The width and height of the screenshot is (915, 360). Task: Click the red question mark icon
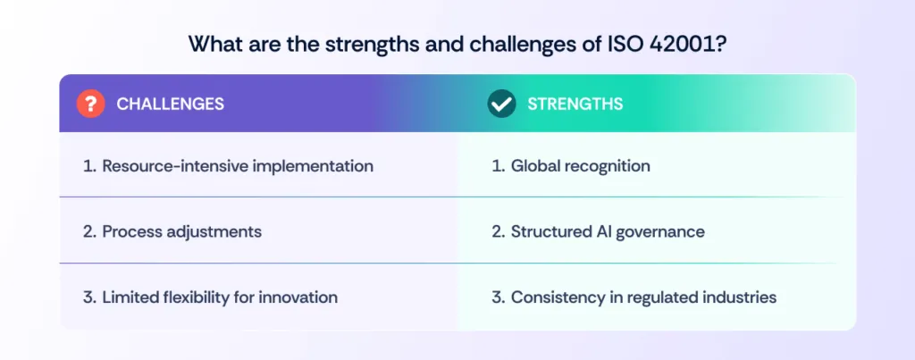91,104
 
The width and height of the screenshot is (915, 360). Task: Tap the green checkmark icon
501,104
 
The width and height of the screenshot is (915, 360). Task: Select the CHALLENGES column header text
170,105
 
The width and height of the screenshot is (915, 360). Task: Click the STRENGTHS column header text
575,105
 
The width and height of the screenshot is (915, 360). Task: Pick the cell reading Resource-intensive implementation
228,166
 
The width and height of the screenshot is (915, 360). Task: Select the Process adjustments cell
172,231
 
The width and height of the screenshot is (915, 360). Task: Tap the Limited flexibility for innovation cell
210,297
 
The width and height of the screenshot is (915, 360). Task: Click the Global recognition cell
571,166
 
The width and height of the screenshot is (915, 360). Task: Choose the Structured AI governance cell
598,231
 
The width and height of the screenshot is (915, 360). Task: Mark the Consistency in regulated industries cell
634,297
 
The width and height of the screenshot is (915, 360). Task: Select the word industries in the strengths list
738,297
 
